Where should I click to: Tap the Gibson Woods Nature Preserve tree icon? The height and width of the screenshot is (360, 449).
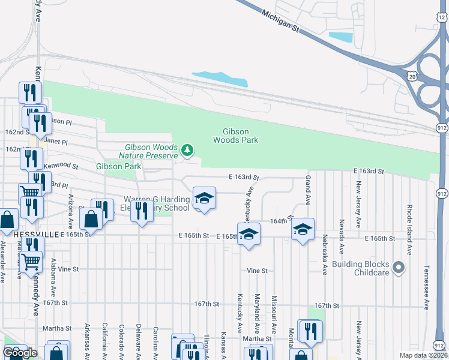coord(188,149)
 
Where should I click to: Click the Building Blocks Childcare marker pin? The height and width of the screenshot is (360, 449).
coord(398,266)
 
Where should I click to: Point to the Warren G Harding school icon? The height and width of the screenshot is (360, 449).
coord(204,198)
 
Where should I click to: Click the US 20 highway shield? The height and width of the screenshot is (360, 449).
coord(412,77)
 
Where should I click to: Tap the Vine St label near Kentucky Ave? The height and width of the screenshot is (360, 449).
coord(257,271)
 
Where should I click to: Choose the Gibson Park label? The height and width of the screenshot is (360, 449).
coord(118,166)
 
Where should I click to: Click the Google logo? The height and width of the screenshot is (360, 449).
coord(20,353)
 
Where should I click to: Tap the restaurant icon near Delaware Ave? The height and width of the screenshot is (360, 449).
coord(142,211)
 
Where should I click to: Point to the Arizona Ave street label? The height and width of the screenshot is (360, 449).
coord(70,212)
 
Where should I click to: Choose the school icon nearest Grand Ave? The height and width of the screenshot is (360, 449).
coord(303,229)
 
